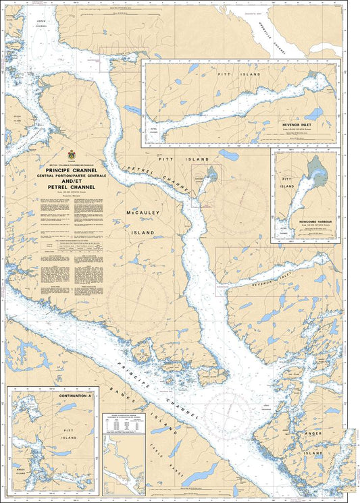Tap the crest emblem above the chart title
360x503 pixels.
[x=72, y=156]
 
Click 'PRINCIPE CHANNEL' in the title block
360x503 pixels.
[x=72, y=170]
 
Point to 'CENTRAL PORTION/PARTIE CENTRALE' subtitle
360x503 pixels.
[x=72, y=176]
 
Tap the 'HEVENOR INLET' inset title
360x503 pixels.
[x=300, y=125]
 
